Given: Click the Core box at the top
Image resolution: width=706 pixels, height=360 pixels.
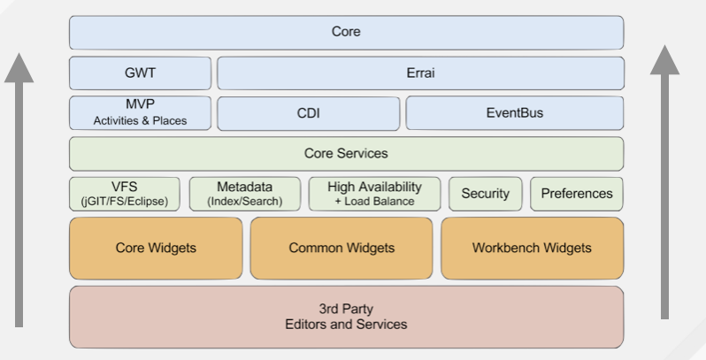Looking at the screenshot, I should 346,33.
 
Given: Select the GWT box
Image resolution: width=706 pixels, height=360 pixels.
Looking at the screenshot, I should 140,73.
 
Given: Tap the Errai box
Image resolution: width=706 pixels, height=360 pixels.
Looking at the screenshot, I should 420,73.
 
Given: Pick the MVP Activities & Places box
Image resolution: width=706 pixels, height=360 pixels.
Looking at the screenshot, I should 140,113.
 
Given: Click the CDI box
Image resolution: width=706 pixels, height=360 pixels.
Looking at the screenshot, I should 308,113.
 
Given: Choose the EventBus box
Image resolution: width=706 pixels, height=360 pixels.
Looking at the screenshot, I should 514,113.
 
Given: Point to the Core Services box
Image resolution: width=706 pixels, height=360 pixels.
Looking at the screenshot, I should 346,153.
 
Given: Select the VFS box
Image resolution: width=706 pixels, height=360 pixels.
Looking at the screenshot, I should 124,194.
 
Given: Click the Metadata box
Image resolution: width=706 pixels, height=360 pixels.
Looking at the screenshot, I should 244,194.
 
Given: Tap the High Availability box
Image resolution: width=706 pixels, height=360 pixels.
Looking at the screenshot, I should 374,194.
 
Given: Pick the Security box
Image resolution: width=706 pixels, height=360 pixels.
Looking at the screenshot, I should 485,194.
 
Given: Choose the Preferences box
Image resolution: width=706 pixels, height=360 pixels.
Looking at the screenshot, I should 577,194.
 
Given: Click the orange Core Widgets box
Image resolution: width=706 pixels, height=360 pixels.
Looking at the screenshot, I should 156,248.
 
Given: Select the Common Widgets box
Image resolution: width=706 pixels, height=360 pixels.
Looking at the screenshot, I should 341,248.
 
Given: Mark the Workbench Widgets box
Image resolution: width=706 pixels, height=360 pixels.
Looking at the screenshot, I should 532,248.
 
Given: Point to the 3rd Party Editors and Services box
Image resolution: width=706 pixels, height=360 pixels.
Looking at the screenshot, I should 346,317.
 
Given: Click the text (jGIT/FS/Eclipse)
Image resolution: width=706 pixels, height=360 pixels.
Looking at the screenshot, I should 124,202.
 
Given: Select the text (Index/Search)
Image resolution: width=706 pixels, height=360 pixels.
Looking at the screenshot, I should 244,202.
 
